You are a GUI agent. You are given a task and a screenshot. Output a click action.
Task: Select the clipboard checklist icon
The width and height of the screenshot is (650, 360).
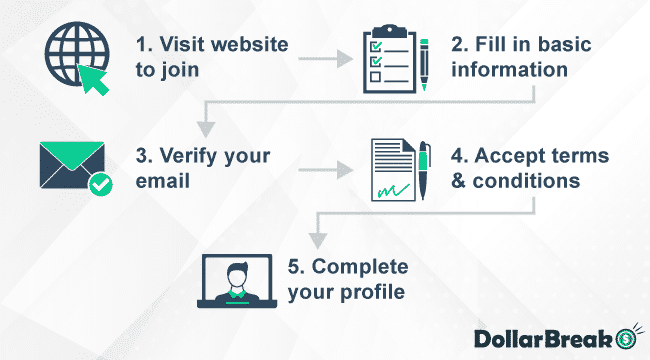coord(384,62)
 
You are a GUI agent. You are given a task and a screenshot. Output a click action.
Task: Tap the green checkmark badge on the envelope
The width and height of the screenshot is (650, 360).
coord(100,184)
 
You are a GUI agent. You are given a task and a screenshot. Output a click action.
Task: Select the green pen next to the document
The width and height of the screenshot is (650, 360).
coord(424,167)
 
